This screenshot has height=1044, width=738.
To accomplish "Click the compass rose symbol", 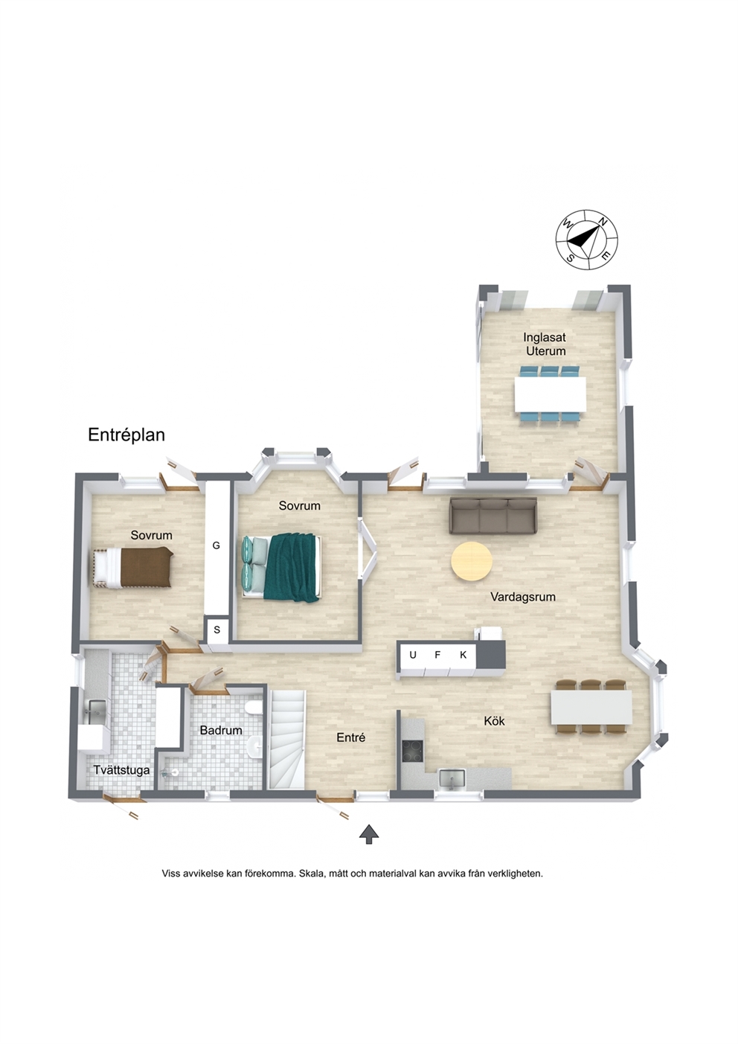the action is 586,240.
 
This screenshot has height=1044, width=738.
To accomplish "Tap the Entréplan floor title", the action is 126,435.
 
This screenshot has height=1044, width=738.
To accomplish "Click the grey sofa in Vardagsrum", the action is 493,516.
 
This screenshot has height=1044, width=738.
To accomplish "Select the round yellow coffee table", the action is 472,561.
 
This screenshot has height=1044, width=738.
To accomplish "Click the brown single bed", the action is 133,568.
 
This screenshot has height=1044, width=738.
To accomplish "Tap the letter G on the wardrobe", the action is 216,545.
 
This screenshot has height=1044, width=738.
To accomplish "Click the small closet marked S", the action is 217,630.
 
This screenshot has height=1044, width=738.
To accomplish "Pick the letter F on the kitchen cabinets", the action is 437,655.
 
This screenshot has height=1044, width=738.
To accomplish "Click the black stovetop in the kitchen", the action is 413,751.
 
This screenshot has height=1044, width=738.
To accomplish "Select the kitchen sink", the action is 451,779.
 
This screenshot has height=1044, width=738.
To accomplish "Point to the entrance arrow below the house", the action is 369,834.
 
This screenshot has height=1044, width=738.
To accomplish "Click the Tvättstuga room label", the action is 121,770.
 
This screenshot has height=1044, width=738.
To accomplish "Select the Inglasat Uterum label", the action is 545,344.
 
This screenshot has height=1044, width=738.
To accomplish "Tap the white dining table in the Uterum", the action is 550,394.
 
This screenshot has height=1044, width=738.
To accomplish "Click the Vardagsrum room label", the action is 523,597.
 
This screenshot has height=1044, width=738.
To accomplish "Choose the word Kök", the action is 494,721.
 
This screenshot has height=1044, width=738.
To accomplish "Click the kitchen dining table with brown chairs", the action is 591,708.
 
